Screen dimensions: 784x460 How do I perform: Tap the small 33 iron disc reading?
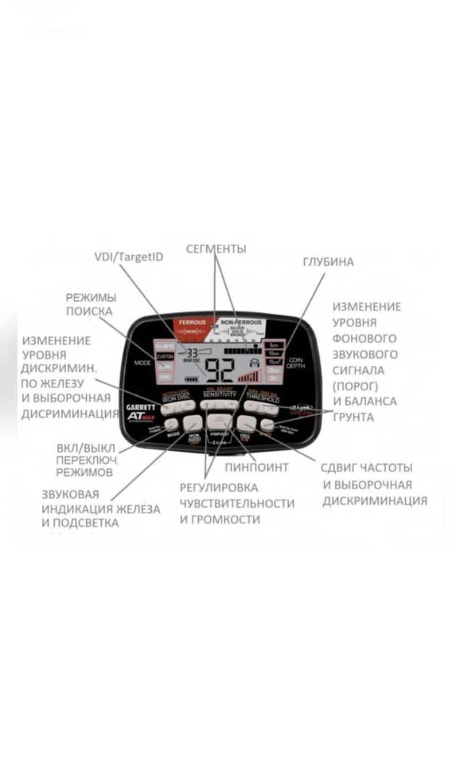(191, 353)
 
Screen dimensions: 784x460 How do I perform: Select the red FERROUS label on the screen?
(192, 323)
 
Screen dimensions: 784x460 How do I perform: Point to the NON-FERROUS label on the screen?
(241, 323)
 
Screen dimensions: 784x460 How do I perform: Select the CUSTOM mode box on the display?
(165, 357)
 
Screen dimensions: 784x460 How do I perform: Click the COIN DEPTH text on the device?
(296, 362)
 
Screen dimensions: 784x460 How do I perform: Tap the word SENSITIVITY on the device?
(219, 395)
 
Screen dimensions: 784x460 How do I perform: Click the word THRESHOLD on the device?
(263, 397)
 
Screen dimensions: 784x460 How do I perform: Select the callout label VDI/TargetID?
(128, 257)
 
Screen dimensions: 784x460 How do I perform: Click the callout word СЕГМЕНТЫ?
(216, 248)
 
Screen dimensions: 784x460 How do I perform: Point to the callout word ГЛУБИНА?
(328, 262)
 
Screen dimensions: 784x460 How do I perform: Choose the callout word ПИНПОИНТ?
(256, 467)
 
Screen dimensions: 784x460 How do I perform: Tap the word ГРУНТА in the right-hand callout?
(353, 417)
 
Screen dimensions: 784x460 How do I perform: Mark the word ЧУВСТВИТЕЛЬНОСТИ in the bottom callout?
(237, 503)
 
